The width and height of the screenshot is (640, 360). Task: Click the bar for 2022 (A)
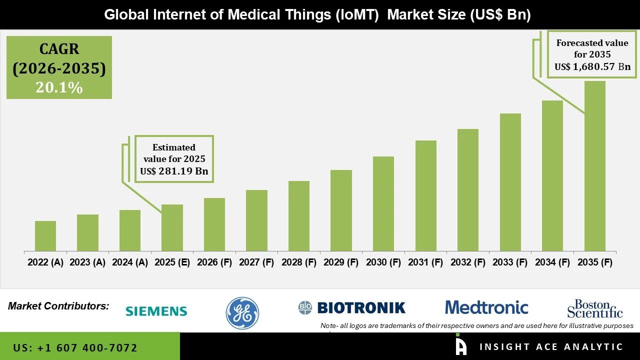coord(45,236)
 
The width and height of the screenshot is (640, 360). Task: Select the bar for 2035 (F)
coord(594,166)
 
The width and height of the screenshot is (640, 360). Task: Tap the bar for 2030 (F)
coord(383,203)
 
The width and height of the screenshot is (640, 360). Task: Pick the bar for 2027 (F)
coord(256,220)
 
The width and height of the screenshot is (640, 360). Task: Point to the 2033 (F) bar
coord(510,182)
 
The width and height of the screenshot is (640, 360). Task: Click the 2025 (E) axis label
coord(172,262)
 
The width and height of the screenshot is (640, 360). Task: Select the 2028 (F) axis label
coord(299,262)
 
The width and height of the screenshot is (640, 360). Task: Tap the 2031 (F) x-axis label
coord(425,262)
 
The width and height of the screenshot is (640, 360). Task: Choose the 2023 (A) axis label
coord(87,262)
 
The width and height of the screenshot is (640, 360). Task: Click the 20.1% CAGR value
coord(59,87)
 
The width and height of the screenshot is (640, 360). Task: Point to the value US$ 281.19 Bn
coord(174,171)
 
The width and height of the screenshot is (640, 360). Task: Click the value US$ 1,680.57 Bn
coord(592,66)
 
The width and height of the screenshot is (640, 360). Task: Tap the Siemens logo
coord(156,311)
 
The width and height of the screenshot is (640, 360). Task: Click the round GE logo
coord(242,313)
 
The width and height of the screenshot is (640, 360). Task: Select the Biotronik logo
coord(352,307)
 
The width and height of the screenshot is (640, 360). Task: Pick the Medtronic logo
coord(486,307)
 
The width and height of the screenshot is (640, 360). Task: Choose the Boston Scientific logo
coord(595,308)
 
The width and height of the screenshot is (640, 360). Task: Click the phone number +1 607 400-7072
coord(75,347)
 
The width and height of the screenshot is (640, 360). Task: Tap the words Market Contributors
coord(58,305)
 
